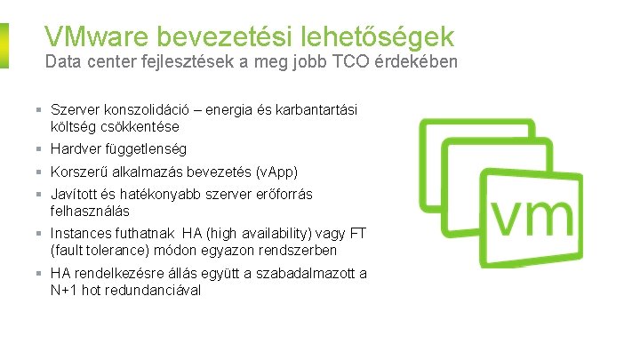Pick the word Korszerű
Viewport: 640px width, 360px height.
80,172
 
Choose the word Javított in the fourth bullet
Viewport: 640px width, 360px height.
75,194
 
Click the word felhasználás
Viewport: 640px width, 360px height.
90,211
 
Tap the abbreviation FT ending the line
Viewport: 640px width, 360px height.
357,233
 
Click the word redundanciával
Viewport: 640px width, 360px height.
157,290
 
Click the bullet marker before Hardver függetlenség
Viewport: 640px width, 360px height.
42,149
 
